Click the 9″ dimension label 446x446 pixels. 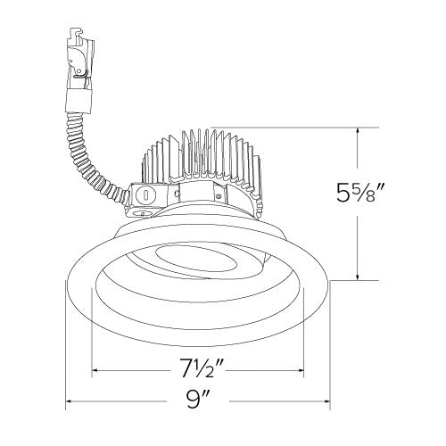point(198,401)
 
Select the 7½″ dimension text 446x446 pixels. point(202,368)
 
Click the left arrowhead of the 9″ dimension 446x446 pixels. point(68,401)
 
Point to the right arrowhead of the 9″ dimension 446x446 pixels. point(327,401)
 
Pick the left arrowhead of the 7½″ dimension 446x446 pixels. point(95,370)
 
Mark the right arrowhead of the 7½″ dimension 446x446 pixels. point(301,370)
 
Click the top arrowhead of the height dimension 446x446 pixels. point(358,131)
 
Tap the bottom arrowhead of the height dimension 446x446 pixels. point(358,277)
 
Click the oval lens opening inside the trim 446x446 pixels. point(196,259)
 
